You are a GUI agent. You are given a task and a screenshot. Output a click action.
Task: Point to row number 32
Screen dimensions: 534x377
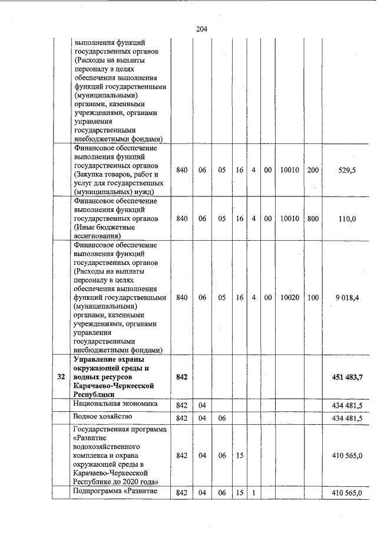[x=61, y=377]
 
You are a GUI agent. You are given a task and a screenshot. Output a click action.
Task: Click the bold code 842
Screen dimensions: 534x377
[x=181, y=377]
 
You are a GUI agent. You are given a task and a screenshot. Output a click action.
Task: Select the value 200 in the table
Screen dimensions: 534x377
[x=313, y=170]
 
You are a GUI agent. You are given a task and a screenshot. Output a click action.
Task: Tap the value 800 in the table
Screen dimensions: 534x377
[x=313, y=218]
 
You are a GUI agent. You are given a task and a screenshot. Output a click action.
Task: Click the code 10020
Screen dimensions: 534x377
[x=289, y=297]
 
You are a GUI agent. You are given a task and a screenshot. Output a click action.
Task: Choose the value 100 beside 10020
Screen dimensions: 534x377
[x=313, y=297]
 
